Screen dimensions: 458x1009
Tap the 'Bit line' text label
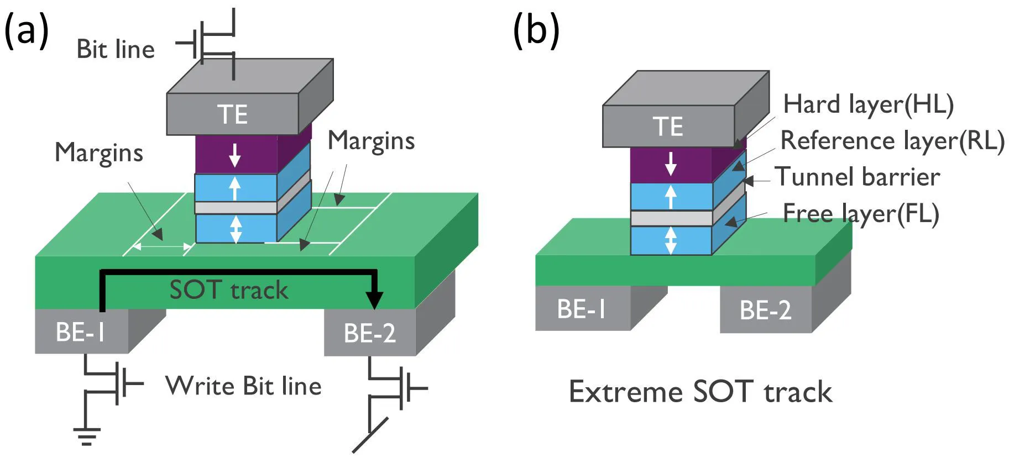(116, 50)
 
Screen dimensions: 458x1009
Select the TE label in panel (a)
(232, 115)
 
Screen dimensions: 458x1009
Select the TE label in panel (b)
(668, 127)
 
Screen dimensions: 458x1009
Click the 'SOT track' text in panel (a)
(228, 290)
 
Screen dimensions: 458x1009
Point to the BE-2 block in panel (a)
(369, 333)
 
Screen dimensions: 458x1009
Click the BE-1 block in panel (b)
(582, 309)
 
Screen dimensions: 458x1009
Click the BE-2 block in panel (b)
(765, 310)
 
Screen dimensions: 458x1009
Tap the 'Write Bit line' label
(243, 386)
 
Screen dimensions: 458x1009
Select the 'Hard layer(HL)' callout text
(868, 104)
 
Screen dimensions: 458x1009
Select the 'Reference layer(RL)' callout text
(892, 140)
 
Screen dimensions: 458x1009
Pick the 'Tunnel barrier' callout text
(857, 177)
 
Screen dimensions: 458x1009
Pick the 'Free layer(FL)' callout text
(861, 214)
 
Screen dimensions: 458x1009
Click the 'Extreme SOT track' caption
(700, 392)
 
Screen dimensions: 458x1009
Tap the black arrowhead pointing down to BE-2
(374, 300)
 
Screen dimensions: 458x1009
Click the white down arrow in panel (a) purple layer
(234, 156)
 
